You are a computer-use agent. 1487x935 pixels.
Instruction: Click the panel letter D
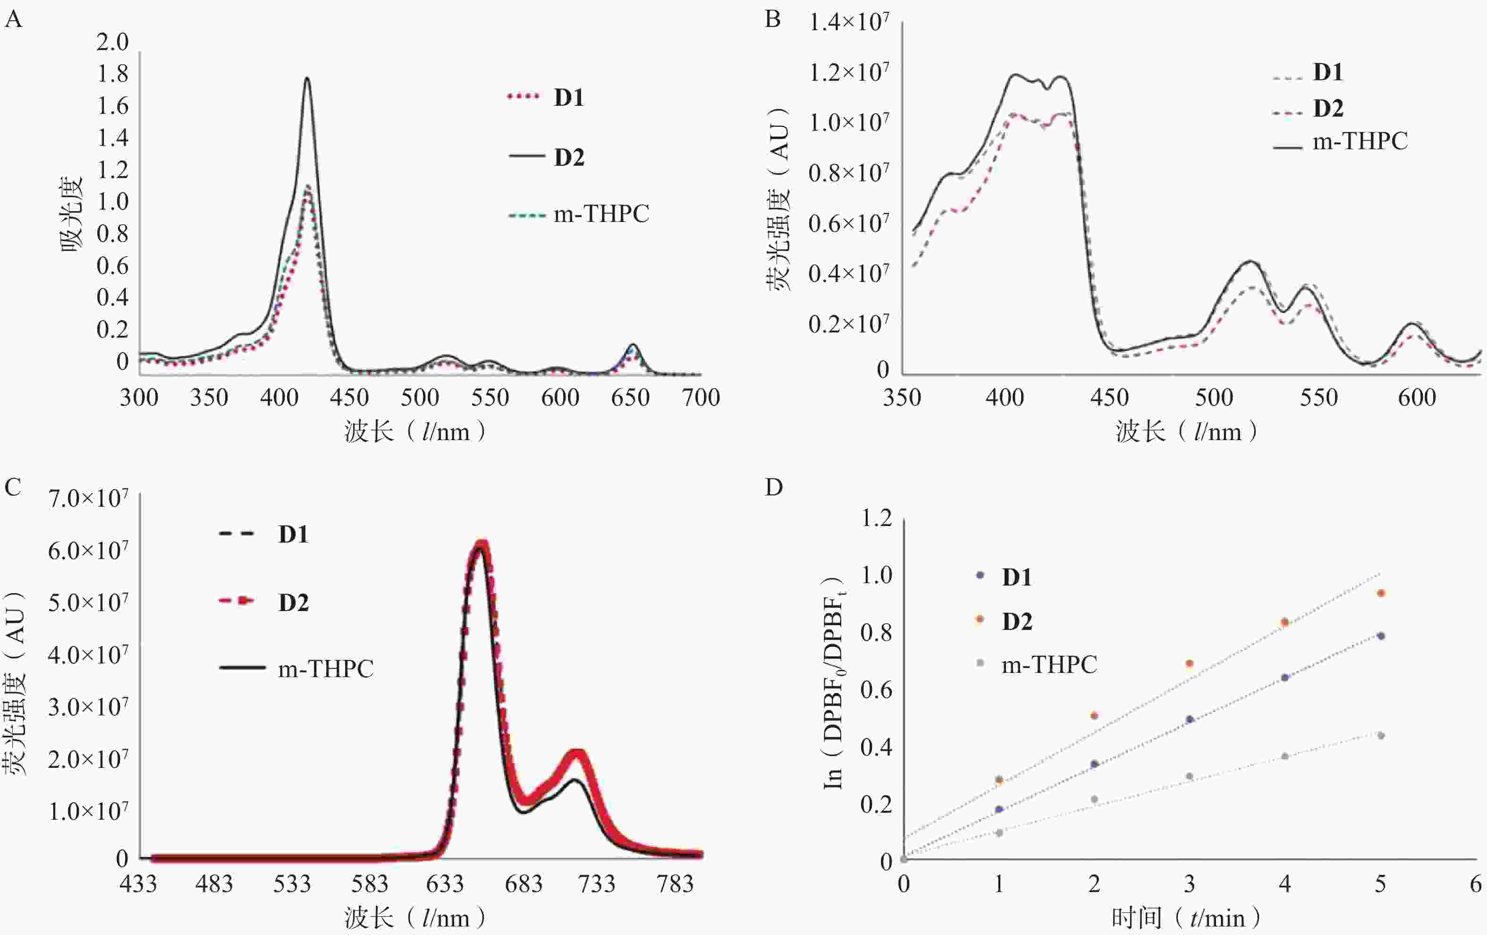pos(774,487)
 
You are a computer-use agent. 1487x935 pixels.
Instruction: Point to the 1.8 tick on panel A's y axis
pos(112,74)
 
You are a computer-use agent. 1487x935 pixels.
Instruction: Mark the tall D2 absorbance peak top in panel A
pos(306,78)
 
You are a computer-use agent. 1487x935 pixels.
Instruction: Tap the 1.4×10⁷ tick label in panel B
pos(849,22)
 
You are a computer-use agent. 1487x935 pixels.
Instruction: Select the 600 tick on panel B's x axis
pos(1417,397)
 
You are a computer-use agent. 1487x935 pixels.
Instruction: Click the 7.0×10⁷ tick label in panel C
pos(88,498)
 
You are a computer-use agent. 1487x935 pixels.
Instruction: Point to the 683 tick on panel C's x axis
pos(523,884)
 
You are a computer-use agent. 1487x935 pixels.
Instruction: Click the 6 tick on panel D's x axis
pos(1475,884)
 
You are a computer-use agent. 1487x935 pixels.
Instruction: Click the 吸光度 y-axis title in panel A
pos(71,214)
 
